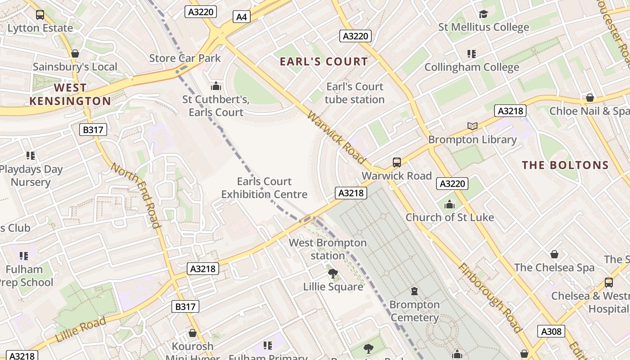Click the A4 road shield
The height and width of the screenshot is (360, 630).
click(x=242, y=17)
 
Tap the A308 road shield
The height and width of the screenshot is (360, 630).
click(x=551, y=332)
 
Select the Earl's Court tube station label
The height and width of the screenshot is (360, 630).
click(x=355, y=93)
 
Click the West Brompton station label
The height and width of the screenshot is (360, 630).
click(x=328, y=249)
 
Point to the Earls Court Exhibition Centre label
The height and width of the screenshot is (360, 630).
click(x=264, y=188)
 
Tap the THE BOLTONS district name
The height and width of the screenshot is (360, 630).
click(x=565, y=165)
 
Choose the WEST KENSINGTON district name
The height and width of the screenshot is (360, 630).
click(x=70, y=94)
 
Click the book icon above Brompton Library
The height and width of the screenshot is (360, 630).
click(x=472, y=126)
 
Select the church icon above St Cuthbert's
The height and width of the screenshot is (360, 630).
click(x=216, y=85)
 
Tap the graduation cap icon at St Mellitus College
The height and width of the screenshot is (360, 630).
click(x=483, y=14)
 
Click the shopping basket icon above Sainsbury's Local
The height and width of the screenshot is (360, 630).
click(x=75, y=54)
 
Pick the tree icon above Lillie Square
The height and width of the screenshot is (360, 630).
click(x=333, y=273)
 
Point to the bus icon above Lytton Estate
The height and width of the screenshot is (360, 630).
click(x=40, y=15)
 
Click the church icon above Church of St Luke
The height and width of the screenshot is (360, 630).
click(x=450, y=205)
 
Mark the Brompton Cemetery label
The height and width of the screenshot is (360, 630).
click(x=414, y=311)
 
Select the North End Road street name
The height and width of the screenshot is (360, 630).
click(x=135, y=195)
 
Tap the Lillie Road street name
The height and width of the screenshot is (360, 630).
click(x=81, y=329)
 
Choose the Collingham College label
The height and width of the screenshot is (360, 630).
click(x=472, y=67)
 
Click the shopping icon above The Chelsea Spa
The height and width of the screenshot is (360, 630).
click(x=554, y=254)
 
